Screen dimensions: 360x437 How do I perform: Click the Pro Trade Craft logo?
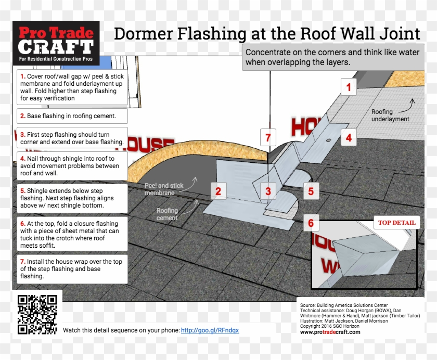56,43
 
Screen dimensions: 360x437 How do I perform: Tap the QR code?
37,314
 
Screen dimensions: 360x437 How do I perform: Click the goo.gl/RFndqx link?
210,330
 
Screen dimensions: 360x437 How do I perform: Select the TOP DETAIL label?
396,223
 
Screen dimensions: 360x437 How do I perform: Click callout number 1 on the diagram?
349,87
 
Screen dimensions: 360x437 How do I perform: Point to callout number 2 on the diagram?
219,191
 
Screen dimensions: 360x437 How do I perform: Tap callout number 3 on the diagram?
268,191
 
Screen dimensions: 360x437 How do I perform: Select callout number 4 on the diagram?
349,138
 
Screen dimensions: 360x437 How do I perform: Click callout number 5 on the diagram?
311,191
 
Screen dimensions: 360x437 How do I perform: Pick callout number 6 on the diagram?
311,224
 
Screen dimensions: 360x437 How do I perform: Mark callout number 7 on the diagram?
268,138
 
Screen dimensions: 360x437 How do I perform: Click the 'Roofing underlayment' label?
390,115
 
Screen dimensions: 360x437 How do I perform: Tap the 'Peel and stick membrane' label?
164,189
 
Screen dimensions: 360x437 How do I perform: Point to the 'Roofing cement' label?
167,214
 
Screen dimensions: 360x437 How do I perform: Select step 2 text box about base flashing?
71,116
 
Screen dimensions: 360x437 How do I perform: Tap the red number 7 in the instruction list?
23,262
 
